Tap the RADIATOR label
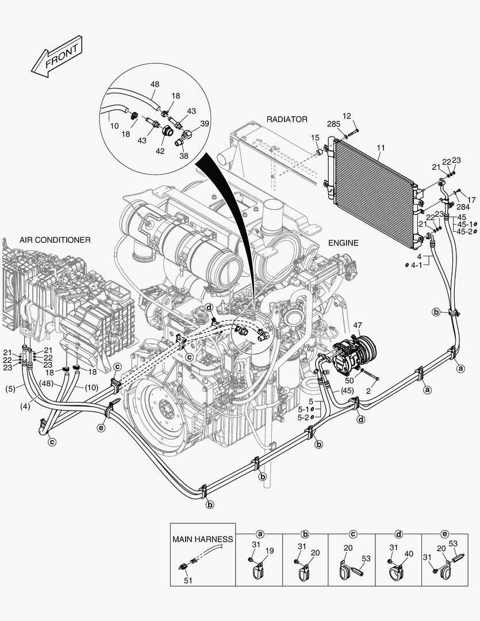(287, 119)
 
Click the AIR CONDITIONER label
(55, 240)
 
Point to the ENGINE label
(343, 243)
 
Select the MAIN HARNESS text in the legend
(203, 539)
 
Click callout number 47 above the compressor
(358, 326)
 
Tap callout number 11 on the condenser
(381, 148)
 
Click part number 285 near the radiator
(333, 124)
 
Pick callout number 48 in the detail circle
(155, 85)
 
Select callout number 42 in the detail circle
(160, 151)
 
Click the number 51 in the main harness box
(187, 580)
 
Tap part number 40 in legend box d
(409, 553)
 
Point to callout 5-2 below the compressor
(304, 417)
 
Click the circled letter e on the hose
(101, 428)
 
